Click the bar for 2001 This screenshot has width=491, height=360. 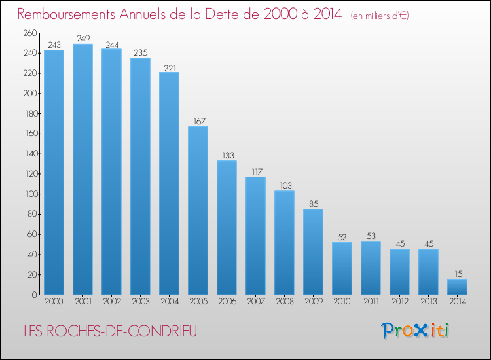pos(82,169)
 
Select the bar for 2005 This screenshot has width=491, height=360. pos(198,210)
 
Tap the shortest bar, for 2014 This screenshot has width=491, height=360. pos(457,287)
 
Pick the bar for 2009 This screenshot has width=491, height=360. pos(313,252)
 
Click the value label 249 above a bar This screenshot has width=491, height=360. pos(83,39)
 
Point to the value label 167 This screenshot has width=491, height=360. pos(199,122)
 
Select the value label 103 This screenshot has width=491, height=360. pos(285,186)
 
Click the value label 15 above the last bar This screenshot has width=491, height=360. pos(458,274)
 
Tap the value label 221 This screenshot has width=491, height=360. pos(170,68)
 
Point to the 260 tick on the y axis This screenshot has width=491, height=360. pos(30,33)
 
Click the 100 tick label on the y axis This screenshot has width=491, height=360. pos(31,194)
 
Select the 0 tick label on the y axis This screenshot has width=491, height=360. pos(35,295)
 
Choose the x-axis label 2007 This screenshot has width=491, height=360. pos(256,302)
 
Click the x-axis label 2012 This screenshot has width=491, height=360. pos(400,302)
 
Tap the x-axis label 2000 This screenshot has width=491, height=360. pos(54,302)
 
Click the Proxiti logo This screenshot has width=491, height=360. pos(415,331)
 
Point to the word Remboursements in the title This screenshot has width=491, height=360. pos(66,14)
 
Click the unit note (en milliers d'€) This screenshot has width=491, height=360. pos(380,16)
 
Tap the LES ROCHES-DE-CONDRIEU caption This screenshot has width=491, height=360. pos(111,331)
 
